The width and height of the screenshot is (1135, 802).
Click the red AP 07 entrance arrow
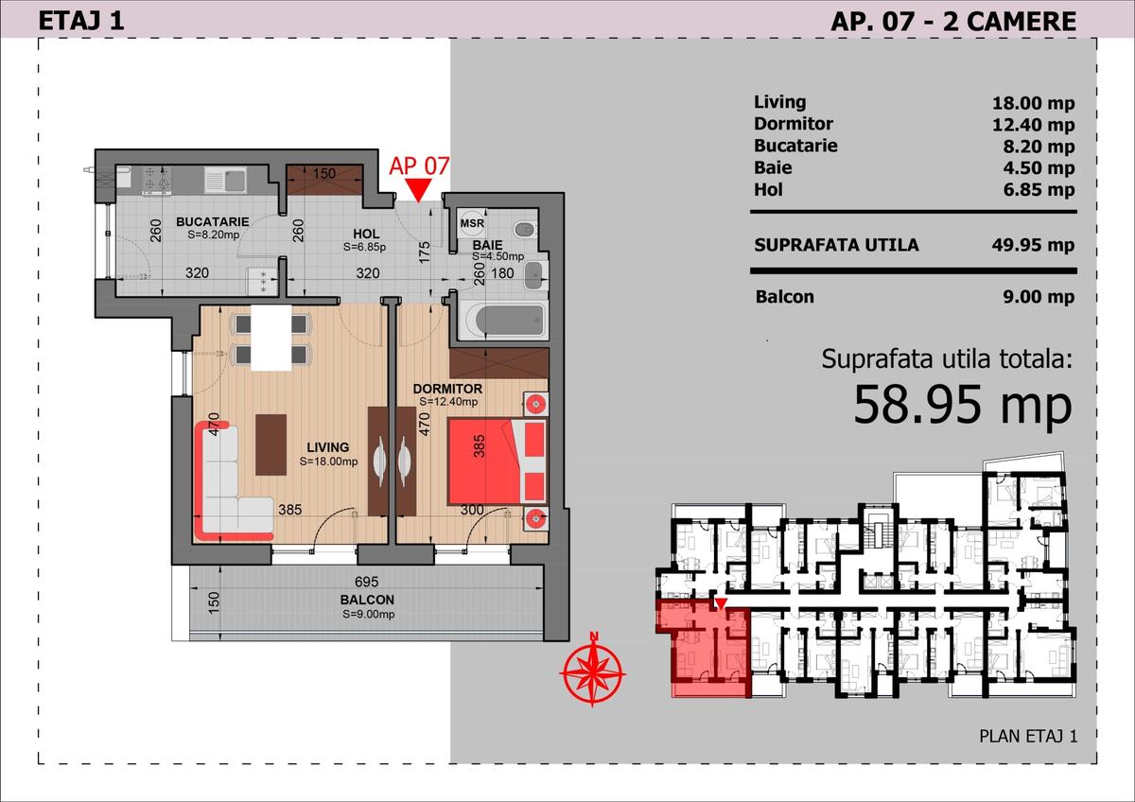tap(419, 190)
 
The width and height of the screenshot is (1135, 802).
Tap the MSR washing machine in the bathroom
tap(472, 223)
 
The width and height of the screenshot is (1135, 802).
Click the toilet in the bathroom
tap(524, 230)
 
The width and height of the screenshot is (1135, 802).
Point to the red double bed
tap(497, 461)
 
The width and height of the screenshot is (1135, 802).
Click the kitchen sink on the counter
tap(226, 181)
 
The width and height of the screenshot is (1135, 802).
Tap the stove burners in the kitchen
tap(156, 179)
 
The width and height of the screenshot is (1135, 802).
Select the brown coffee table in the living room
tap(271, 445)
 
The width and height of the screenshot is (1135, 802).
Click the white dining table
tap(271, 338)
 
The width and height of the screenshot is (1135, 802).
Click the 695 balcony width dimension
tap(367, 581)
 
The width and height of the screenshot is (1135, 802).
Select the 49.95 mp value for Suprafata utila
tap(1033, 245)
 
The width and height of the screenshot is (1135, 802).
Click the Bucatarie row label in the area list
tap(795, 146)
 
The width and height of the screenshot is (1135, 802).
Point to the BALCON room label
tap(367, 600)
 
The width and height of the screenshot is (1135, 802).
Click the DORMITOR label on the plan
tap(447, 389)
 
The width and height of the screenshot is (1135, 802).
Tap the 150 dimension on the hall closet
tap(323, 174)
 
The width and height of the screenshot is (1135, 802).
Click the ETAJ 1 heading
tap(81, 21)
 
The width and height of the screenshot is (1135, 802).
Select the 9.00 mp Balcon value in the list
tap(1039, 297)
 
